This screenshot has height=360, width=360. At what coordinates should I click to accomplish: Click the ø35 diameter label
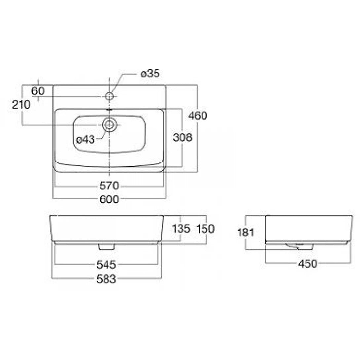point(150,74)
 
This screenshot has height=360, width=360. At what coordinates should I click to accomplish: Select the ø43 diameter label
point(85,140)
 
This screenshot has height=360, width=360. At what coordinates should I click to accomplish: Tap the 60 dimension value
point(38,90)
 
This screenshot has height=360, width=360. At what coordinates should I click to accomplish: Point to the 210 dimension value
point(21,105)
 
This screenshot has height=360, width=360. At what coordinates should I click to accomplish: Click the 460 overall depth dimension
point(198,116)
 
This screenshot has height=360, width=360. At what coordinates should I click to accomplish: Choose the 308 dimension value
point(182,137)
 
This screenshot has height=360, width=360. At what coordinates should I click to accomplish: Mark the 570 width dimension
point(109,186)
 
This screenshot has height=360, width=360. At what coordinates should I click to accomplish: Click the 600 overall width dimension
point(109,199)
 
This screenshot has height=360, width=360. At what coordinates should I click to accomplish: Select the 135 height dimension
point(181,229)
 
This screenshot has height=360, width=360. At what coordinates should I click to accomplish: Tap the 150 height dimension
point(205,229)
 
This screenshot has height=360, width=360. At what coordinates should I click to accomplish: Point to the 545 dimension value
point(106,265)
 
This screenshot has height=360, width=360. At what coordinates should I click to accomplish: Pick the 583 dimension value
point(106,279)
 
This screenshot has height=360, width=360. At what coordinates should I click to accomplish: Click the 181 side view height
point(246,233)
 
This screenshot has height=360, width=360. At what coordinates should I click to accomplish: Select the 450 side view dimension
point(307,264)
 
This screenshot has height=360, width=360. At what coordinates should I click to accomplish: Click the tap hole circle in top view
point(110,96)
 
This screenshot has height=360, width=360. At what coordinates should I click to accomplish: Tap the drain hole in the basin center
point(109,125)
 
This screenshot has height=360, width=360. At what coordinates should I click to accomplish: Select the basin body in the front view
point(107,228)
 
